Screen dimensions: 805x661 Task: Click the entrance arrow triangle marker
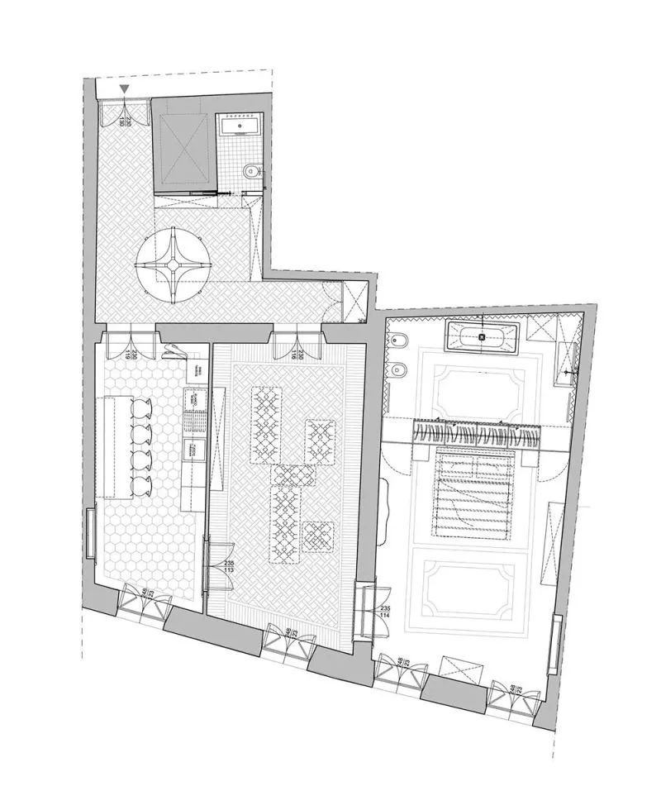point(124,88)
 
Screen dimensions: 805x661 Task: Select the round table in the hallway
point(176,265)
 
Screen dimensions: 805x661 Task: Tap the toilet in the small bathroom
point(253,171)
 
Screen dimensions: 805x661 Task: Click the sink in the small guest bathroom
point(240,126)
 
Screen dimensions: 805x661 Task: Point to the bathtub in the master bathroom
point(482,336)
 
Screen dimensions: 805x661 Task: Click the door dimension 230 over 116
point(302,355)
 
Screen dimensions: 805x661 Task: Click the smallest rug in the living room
point(317,536)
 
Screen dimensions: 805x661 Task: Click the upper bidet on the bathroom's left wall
point(398,341)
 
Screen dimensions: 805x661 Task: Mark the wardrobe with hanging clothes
point(478,433)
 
